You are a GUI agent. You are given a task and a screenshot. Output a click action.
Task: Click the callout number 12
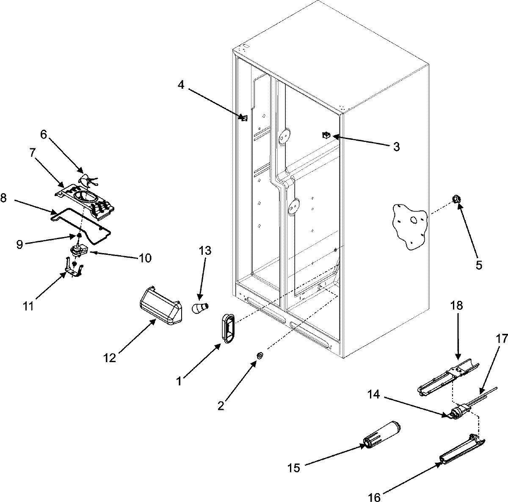(x=110, y=358)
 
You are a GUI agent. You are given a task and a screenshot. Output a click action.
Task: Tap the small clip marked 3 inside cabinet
(x=326, y=135)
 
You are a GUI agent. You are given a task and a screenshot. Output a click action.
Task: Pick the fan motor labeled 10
(x=77, y=251)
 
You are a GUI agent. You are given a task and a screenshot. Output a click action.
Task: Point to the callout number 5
(x=478, y=265)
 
